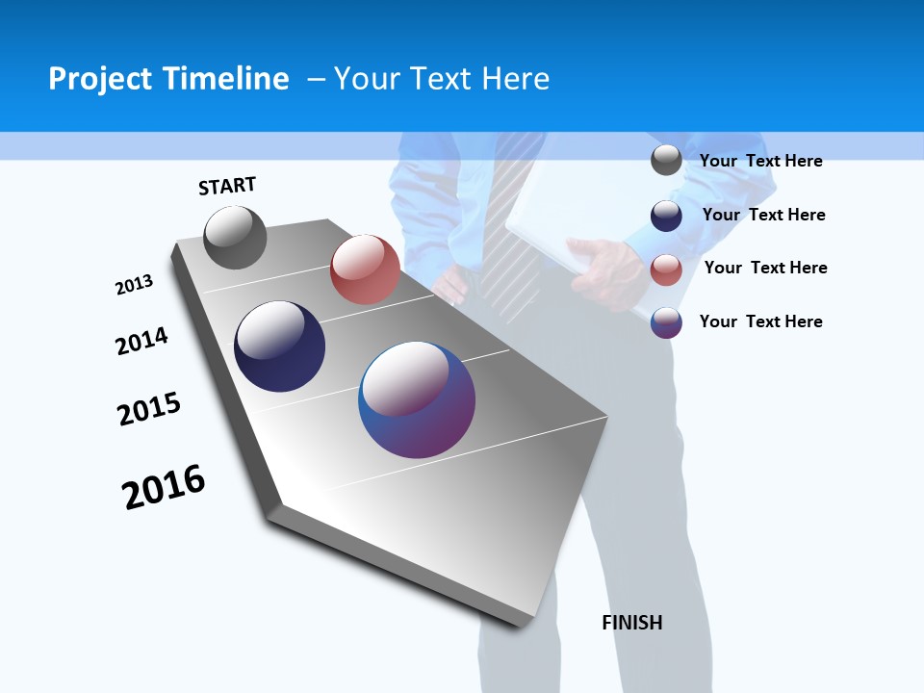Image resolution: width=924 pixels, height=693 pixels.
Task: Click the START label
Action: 227,186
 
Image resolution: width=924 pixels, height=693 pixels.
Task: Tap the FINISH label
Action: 632,623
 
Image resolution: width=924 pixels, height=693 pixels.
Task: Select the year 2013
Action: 134,285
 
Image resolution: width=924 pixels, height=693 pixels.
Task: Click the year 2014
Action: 141,341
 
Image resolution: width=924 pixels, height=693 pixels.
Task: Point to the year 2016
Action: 164,487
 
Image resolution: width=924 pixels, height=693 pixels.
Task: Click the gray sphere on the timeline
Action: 235,237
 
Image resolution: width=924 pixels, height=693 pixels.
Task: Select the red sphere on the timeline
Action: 365,269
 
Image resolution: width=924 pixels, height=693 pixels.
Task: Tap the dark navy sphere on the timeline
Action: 279,346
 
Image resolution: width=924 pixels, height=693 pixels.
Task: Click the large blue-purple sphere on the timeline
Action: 417,399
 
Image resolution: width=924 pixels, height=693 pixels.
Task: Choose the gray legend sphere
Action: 666,160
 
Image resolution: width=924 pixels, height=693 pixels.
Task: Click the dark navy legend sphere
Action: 666,215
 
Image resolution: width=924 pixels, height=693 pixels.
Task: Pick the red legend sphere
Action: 666,269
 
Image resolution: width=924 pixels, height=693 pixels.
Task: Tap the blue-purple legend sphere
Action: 666,322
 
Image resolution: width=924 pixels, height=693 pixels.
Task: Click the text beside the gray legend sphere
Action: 760,161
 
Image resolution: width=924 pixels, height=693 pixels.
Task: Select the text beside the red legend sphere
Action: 765,268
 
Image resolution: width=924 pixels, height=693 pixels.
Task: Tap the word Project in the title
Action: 98,79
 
